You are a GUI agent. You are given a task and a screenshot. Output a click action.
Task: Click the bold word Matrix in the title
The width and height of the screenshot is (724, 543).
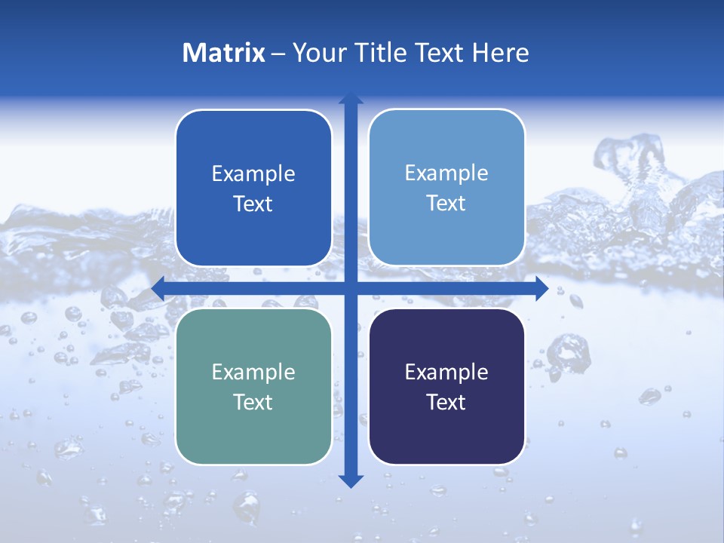pos(224,53)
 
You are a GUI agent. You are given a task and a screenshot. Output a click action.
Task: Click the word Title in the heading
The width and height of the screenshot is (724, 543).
pos(382,53)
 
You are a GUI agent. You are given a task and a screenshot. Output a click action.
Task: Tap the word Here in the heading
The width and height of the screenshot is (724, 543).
pos(501,53)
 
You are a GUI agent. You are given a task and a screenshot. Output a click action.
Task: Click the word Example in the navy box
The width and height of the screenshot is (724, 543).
pos(446,372)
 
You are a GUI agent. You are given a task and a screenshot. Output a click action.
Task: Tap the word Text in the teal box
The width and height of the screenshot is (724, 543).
pos(253,402)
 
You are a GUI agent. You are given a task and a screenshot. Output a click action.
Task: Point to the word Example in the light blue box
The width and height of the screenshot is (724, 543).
pos(446,173)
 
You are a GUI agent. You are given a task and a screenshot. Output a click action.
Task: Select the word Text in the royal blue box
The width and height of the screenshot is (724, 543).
pos(253,204)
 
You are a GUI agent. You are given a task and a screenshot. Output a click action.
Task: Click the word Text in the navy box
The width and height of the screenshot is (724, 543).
pos(446,402)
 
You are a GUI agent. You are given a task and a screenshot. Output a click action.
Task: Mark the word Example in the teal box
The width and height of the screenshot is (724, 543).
pos(253,372)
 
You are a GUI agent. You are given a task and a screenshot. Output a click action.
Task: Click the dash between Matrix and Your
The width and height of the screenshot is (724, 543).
pos(278,54)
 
